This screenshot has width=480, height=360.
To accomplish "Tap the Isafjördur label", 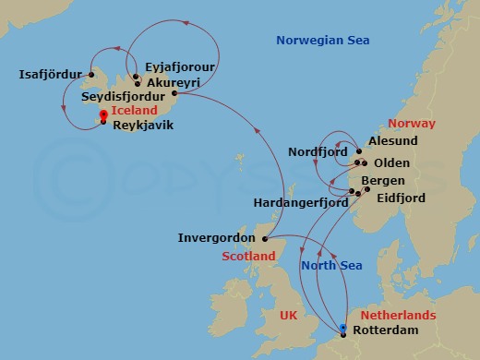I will click(x=50, y=74).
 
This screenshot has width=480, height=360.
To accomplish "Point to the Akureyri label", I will click(x=172, y=81).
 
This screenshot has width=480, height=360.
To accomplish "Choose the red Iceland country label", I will click(x=134, y=110).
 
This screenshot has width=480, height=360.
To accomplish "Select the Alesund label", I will click(x=393, y=141).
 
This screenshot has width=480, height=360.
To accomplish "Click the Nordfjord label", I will click(x=316, y=151).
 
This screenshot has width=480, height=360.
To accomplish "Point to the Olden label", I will click(x=391, y=163).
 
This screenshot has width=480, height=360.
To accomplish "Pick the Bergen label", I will click(x=383, y=180).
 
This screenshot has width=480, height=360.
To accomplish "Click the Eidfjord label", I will click(x=400, y=197).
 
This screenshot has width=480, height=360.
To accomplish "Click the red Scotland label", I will click(x=248, y=256).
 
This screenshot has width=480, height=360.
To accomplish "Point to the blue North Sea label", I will click(x=332, y=267).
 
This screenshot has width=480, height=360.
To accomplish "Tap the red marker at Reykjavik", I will click(x=102, y=115).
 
